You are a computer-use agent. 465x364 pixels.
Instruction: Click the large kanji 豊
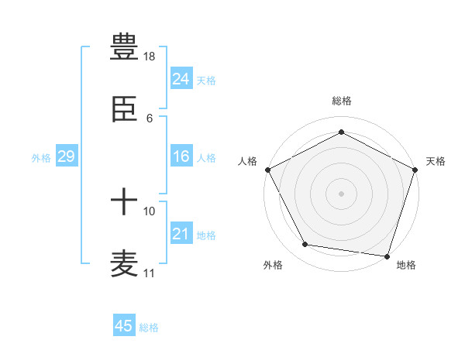point(124,47)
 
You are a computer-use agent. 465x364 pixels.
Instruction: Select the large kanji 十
point(124,204)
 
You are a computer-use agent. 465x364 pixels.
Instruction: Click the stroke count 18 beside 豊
point(150,57)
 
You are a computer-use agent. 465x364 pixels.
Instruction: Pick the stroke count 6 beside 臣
point(150,118)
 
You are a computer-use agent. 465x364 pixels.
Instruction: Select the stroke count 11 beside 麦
point(150,273)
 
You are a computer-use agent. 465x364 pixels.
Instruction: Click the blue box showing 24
point(181,78)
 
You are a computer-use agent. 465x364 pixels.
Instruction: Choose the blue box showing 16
point(181,156)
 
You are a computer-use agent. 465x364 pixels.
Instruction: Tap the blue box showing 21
point(181,234)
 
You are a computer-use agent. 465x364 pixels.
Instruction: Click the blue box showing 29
point(66,156)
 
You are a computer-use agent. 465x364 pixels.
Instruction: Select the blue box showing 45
point(124,326)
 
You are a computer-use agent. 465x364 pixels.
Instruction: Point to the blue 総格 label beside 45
point(149,328)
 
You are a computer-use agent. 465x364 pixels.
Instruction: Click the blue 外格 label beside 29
point(41,158)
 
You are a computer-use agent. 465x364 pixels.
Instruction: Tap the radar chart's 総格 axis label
point(341,101)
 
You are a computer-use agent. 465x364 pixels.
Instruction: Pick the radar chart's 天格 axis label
point(436,161)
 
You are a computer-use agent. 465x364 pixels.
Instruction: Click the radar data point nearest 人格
point(267,170)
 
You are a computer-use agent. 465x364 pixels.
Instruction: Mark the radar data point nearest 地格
point(387,256)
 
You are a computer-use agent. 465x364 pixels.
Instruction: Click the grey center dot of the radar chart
point(341,193)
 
